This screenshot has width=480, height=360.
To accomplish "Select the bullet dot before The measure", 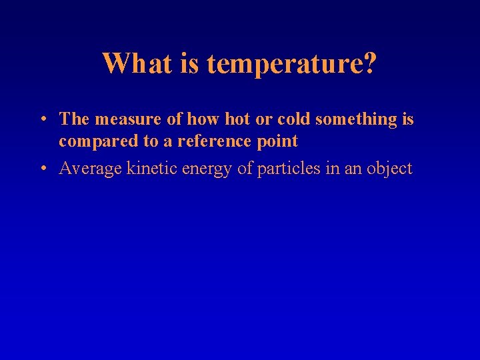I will pyautogui.click(x=42, y=120).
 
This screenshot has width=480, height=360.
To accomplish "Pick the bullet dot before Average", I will pyautogui.click(x=42, y=169).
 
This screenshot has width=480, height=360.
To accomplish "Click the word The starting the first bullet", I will pyautogui.click(x=74, y=119).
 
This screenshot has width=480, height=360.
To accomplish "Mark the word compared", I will pyautogui.click(x=95, y=142).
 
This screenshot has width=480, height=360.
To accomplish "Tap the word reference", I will pyautogui.click(x=215, y=141).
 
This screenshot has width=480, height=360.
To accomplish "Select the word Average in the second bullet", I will pyautogui.click(x=87, y=169).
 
